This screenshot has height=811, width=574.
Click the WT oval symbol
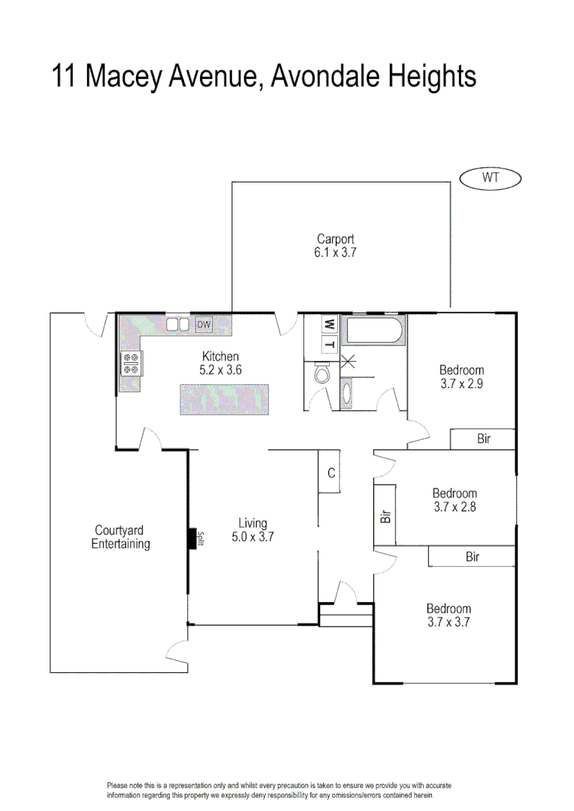point(490,179)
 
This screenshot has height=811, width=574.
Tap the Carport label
point(335,240)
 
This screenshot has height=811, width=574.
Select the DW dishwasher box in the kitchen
point(204,324)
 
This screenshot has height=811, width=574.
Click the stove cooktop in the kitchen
point(131,363)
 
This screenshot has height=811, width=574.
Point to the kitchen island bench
point(224,399)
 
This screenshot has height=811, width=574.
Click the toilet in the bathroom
point(322,373)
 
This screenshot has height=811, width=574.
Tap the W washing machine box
point(329,324)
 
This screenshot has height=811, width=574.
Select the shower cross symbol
point(348,360)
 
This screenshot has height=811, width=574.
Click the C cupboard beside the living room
point(330,472)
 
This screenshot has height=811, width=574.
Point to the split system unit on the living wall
point(192,538)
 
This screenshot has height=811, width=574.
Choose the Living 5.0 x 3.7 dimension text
point(252,537)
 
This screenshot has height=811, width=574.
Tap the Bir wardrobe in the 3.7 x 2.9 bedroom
point(483,439)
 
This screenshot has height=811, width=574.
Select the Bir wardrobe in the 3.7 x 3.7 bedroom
point(472,556)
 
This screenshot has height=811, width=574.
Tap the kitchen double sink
point(178,324)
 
